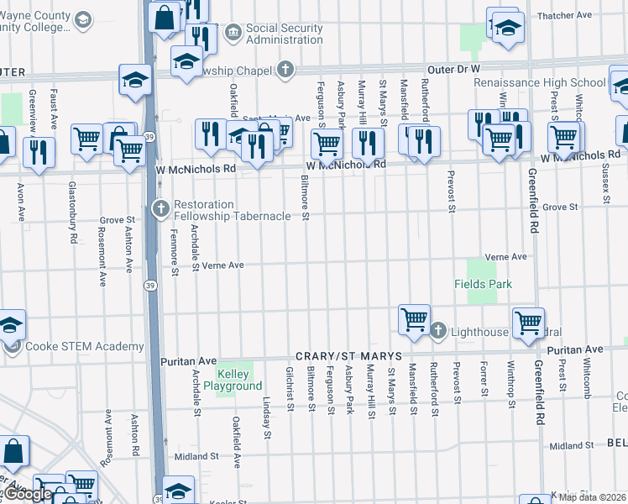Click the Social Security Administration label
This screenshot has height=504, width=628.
coord(284,34)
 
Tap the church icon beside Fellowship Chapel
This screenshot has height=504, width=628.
coord(285,69)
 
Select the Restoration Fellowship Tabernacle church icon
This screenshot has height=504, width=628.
coord(160,207)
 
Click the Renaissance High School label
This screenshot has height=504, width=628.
coord(539,82)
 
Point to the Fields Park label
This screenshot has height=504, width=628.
coord(484,284)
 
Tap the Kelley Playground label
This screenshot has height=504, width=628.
coord(239,380)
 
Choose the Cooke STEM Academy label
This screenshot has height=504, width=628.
coord(84,347)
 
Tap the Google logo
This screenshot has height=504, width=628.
coord(29,494)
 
